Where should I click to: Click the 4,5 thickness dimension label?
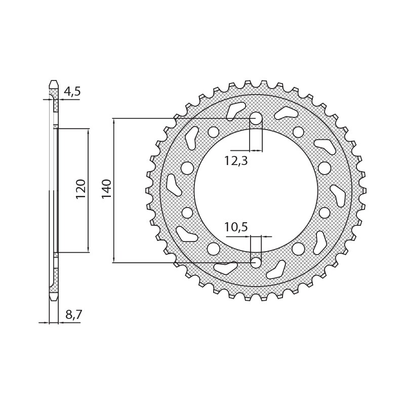[72, 92]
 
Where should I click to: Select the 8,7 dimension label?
[73, 315]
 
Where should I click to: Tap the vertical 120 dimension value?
[80, 188]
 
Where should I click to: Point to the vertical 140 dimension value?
[106, 188]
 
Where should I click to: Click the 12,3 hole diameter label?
[236, 161]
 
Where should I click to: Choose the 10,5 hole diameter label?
[236, 227]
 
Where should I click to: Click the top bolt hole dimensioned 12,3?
[256, 118]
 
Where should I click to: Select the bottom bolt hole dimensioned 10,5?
[256, 262]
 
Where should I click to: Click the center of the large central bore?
[256, 190]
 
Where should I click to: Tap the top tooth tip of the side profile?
[54, 83]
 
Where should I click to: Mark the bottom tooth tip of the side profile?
[54, 298]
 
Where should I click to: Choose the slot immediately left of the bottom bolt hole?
[225, 268]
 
